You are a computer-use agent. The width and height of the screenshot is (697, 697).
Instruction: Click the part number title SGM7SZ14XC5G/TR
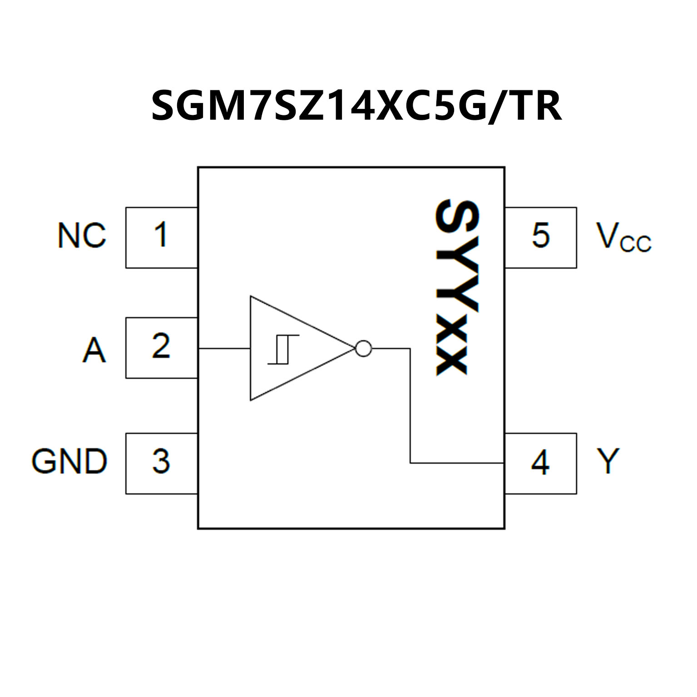(x=356, y=106)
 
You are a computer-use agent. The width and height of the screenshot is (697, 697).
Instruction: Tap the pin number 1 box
(x=161, y=237)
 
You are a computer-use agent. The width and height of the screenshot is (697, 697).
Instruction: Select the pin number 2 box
(x=161, y=347)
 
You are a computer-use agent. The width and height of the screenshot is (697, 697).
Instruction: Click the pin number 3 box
(x=161, y=463)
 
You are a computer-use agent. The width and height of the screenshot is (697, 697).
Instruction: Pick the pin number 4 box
(x=540, y=463)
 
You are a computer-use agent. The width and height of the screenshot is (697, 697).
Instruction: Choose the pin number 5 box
(x=540, y=237)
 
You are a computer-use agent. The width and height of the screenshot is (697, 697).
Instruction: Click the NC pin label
(x=82, y=235)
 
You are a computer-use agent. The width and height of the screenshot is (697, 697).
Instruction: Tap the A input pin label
(x=94, y=350)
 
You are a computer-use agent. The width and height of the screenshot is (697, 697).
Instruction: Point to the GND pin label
(x=69, y=461)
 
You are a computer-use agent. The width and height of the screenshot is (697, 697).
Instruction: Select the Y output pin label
(x=608, y=461)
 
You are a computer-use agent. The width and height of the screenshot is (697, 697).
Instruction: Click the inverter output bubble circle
(x=364, y=349)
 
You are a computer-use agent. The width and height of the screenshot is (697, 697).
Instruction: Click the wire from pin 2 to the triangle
(x=224, y=349)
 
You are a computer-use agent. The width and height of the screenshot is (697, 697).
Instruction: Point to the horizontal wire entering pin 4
(x=456, y=463)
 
